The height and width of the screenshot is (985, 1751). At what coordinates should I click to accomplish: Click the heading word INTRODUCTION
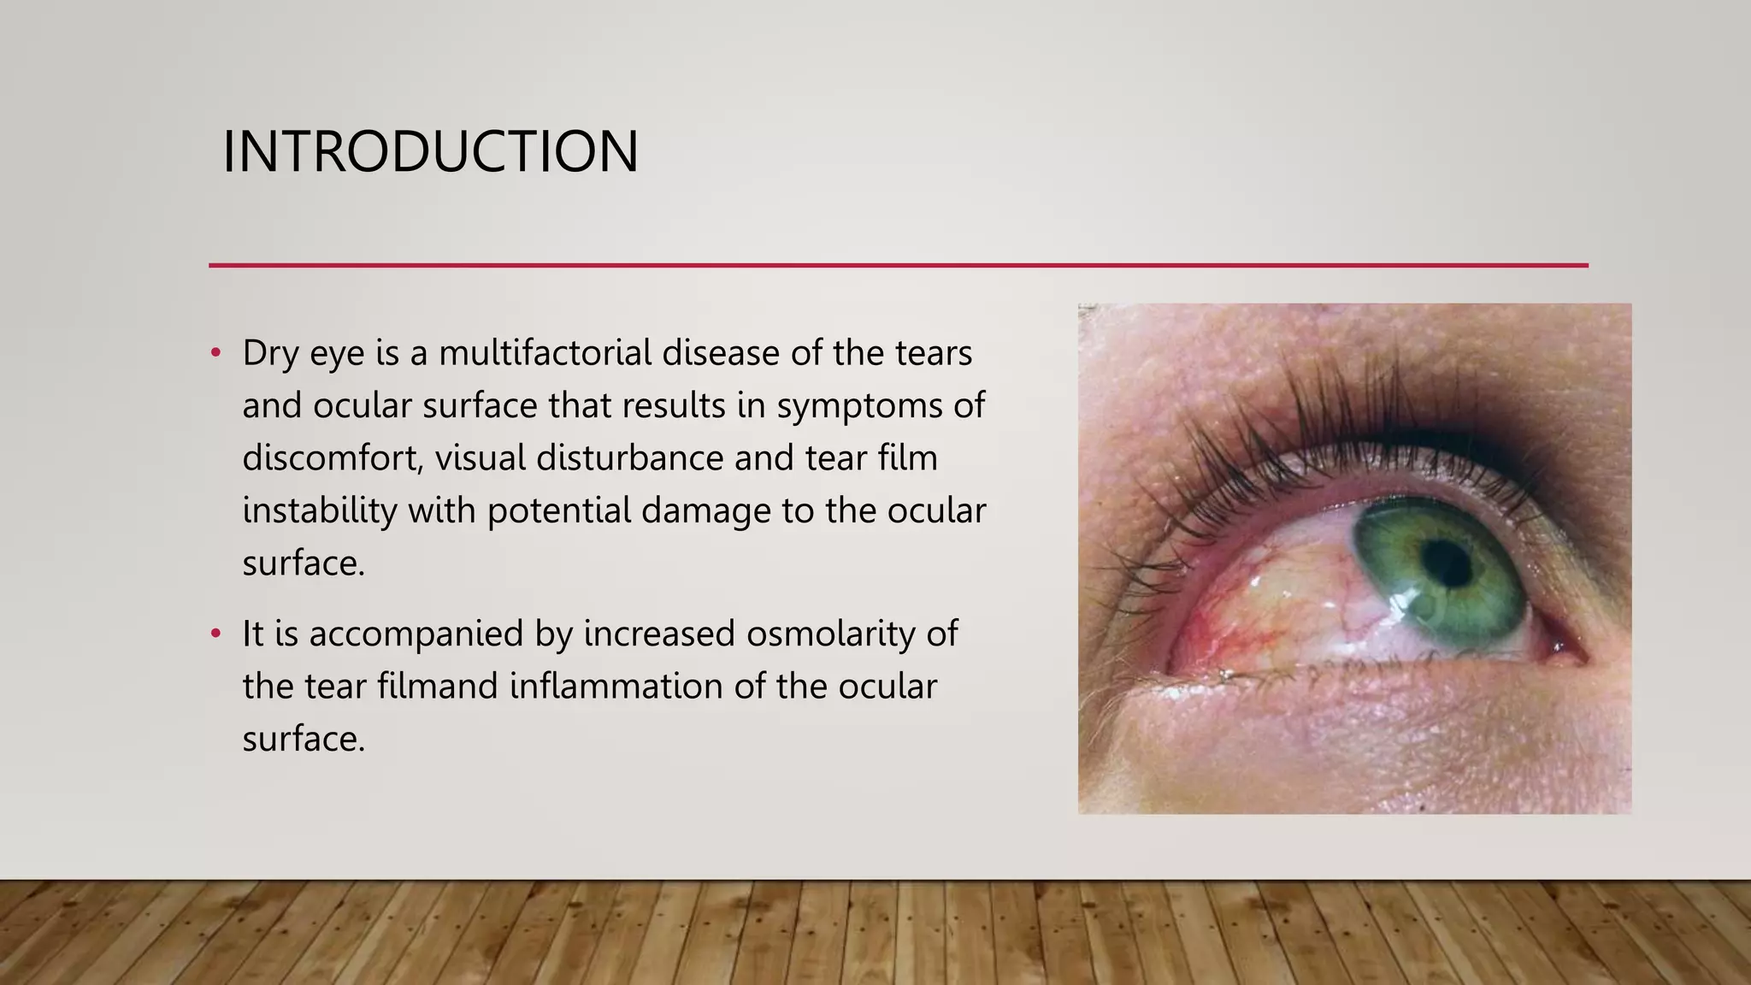click(430, 151)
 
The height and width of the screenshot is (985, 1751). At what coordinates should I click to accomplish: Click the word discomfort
click(333, 457)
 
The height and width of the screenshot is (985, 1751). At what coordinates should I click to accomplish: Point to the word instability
click(319, 510)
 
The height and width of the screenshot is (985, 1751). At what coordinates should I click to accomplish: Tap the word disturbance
click(629, 457)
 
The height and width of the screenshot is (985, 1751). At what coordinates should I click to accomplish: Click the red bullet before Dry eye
click(215, 352)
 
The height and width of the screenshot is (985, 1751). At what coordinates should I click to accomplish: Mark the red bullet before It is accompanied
click(215, 634)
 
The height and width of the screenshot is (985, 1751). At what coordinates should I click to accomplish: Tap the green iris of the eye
click(1488, 599)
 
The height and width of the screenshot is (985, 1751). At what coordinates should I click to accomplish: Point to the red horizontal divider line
click(898, 265)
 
